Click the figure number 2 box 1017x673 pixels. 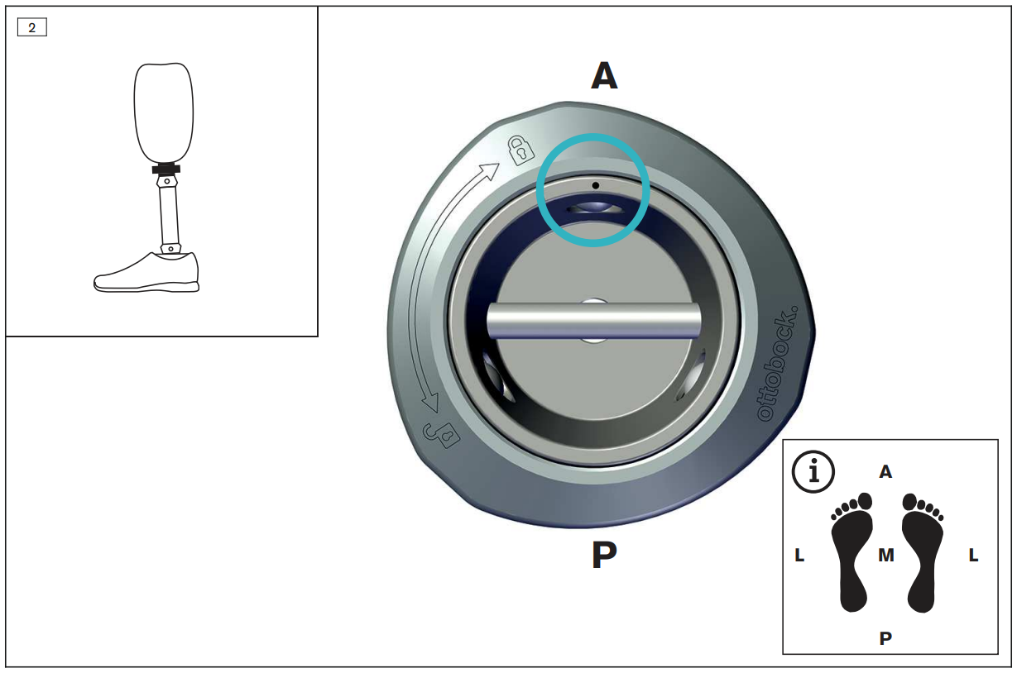pyautogui.click(x=31, y=27)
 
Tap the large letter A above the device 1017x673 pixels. pyautogui.click(x=604, y=75)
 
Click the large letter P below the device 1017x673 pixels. pyautogui.click(x=604, y=554)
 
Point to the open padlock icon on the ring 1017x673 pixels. pyautogui.click(x=441, y=435)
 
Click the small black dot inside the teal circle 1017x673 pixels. pyautogui.click(x=595, y=185)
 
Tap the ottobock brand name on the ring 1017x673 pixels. pyautogui.click(x=777, y=364)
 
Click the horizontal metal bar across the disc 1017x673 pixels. pyautogui.click(x=593, y=321)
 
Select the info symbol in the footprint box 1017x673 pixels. pyautogui.click(x=813, y=471)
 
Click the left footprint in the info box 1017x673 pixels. pyautogui.click(x=852, y=552)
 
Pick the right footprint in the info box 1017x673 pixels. pyautogui.click(x=923, y=552)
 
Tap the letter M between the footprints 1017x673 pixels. pyautogui.click(x=886, y=555)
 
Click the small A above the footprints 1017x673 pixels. pyautogui.click(x=885, y=472)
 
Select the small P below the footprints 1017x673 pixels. pyautogui.click(x=885, y=638)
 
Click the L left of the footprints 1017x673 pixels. pyautogui.click(x=799, y=555)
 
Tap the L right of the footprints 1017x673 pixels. pyautogui.click(x=973, y=555)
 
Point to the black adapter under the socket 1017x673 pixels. pyautogui.click(x=166, y=169)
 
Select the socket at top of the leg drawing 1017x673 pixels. pyautogui.click(x=164, y=113)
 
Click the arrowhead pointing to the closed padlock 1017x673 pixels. pyautogui.click(x=491, y=170)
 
